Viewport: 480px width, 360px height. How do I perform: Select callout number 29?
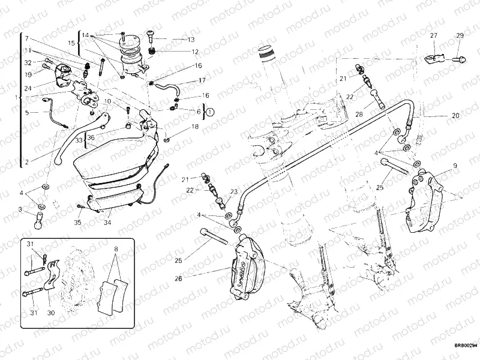pos(460,37)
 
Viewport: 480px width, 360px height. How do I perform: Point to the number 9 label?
pos(455,165)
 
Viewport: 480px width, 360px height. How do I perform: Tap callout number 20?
pos(455,115)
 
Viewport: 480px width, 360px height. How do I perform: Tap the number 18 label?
pos(194,127)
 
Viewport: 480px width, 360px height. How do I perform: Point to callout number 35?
pos(77,222)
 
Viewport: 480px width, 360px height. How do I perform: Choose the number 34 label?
pos(107,222)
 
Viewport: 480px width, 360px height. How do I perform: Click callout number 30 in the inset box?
pos(50,313)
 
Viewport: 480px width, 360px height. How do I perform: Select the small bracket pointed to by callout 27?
pos(436,59)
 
